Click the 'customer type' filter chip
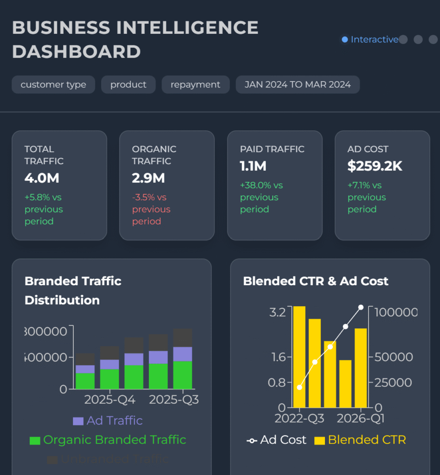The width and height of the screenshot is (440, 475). (x=53, y=85)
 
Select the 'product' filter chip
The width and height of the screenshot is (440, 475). (x=128, y=85)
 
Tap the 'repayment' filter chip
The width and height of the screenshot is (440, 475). (x=195, y=85)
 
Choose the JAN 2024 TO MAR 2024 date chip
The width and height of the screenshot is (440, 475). (x=298, y=85)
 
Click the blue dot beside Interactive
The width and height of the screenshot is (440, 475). (x=344, y=40)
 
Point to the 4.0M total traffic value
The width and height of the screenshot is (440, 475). (x=42, y=178)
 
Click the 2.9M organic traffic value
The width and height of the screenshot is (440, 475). (x=149, y=178)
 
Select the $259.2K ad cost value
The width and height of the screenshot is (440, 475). (x=375, y=166)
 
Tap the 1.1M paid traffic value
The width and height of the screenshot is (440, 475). (x=253, y=166)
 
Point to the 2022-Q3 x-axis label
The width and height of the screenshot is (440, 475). (x=299, y=418)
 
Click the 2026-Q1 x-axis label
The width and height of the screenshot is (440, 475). (x=361, y=418)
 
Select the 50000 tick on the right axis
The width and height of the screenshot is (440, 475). (x=394, y=357)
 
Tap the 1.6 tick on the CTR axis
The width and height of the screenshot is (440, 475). (x=278, y=357)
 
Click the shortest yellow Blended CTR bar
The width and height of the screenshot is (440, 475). (x=345, y=384)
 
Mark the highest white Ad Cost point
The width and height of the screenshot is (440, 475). (x=361, y=307)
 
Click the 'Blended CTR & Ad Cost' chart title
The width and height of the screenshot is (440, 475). (x=316, y=281)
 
